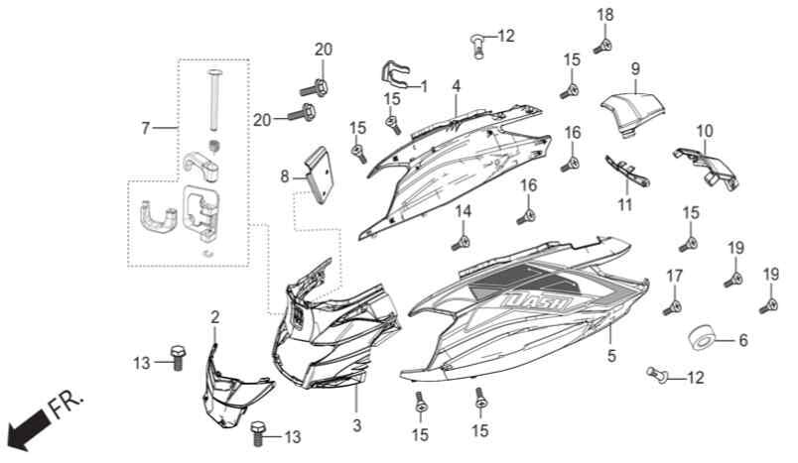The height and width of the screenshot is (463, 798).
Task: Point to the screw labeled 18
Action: pos(602,47)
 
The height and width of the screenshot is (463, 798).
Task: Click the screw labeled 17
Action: pos(672,307)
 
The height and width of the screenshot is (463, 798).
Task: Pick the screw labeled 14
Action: pos(462,244)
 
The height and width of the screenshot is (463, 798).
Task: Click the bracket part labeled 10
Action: pos(709,168)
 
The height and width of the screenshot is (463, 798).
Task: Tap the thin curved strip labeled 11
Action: pos(626,171)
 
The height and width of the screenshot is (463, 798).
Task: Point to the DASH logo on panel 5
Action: pos(538,303)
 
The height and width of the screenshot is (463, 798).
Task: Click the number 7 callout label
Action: pos(146,129)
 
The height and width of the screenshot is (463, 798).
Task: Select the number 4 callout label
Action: pos(456,86)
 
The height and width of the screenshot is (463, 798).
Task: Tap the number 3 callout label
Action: pos(356,425)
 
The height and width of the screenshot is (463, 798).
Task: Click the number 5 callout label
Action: pos(611,356)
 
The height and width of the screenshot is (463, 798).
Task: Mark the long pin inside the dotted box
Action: pos(213,100)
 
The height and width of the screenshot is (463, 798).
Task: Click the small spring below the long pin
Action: pos(214,147)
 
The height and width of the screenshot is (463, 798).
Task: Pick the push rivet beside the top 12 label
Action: pos(477,47)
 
